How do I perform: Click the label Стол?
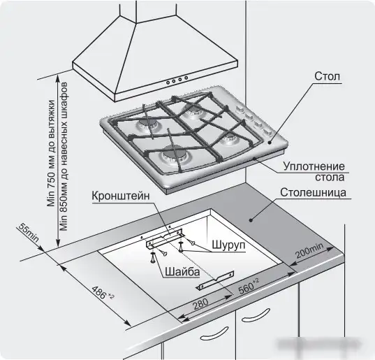coord(327,76)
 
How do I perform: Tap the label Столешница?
coord(314,192)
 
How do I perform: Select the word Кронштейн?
coord(121,196)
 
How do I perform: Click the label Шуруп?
coord(228,245)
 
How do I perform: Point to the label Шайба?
coord(182,272)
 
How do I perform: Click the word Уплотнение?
coord(314,166)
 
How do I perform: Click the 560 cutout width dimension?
coord(249,287)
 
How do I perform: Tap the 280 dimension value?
coord(200,304)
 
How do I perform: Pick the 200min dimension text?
coord(309,250)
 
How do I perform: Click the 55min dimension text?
coord(29,232)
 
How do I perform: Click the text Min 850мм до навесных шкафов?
coord(64,157)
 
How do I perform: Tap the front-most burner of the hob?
coord(172,156)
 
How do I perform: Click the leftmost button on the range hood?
coord(168,82)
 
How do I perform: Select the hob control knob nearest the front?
coord(267,131)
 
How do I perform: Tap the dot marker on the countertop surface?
coord(251,220)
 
